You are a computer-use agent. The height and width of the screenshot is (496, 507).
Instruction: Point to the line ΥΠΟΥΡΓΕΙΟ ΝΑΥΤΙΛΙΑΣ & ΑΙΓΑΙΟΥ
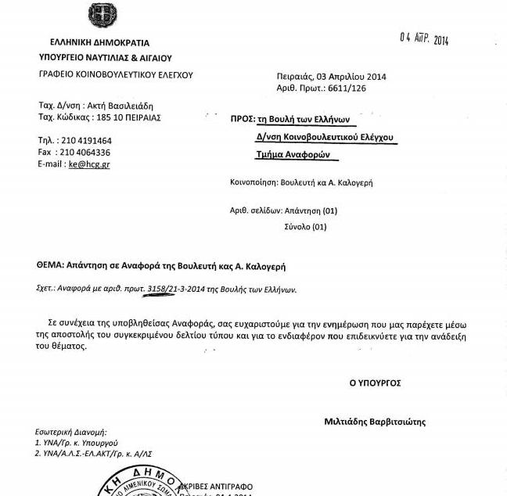pos(105,58)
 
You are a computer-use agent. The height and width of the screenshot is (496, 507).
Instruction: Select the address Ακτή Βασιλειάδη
pos(120,105)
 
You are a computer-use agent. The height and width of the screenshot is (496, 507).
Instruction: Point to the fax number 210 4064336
pos(84,153)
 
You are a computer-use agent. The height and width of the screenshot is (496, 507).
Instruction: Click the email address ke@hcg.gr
pos(89,165)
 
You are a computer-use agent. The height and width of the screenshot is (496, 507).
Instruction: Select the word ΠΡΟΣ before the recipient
pos(243,119)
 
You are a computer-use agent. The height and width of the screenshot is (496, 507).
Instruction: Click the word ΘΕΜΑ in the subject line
pos(54,267)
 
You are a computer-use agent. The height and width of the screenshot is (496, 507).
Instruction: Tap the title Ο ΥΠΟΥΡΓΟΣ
pos(375,383)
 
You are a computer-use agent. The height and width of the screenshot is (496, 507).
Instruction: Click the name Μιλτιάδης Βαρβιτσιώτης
pos(375,422)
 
